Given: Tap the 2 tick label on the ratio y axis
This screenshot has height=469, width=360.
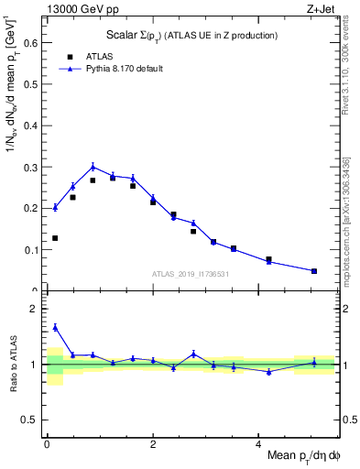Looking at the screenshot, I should (x=34, y=309).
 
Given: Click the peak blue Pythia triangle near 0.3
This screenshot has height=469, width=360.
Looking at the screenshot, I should (x=93, y=166).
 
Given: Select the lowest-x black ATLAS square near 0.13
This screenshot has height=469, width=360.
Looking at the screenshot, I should (x=55, y=238).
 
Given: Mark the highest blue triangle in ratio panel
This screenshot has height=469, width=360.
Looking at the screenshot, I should (x=55, y=327).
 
